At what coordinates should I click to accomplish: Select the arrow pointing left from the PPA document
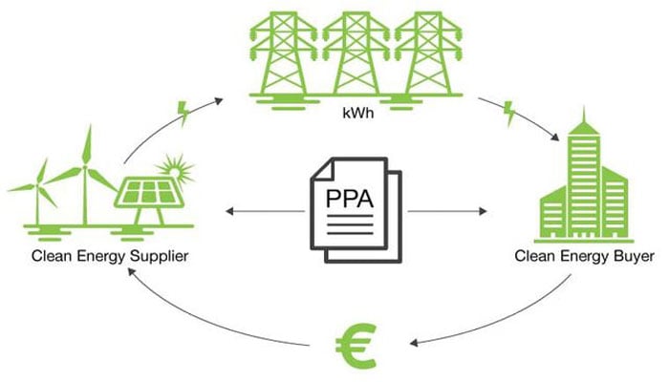pos(258,209)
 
